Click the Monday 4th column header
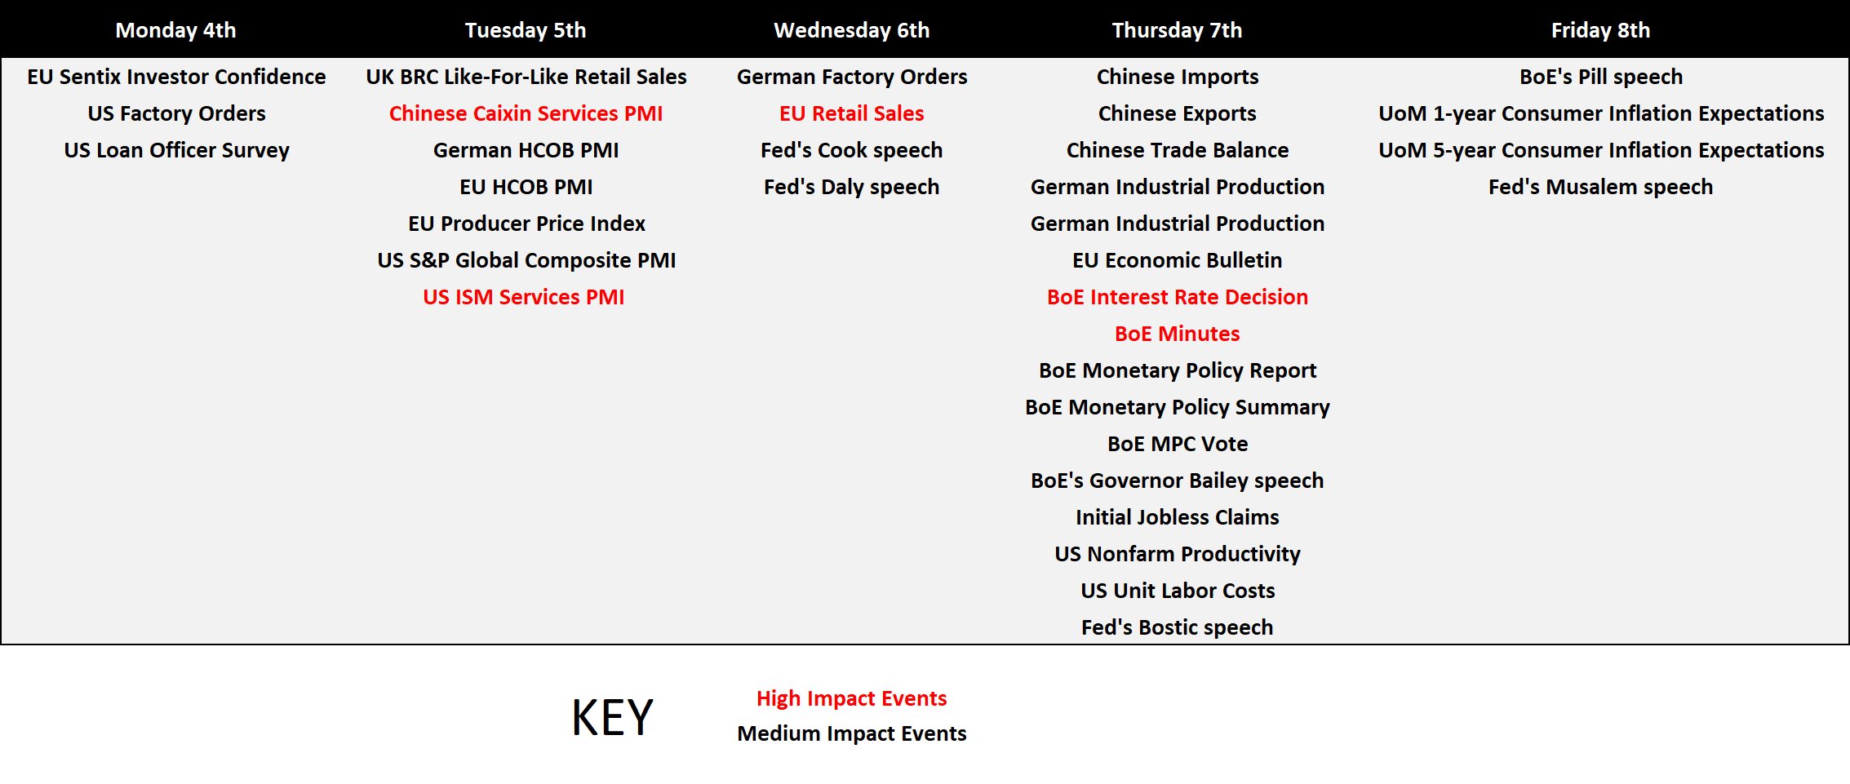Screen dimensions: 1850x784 (x=175, y=30)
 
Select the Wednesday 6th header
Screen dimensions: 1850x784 (x=851, y=30)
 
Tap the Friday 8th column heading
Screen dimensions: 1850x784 (x=1600, y=30)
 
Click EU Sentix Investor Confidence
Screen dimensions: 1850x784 (x=176, y=77)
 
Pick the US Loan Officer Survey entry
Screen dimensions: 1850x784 (x=176, y=150)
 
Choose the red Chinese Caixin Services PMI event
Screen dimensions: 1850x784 (x=526, y=113)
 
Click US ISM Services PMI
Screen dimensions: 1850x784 (x=523, y=297)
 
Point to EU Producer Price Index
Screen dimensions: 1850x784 (x=526, y=224)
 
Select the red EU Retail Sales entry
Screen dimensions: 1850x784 (x=851, y=113)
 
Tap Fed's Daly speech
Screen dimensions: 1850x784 (x=851, y=187)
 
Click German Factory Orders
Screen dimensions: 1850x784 (x=851, y=77)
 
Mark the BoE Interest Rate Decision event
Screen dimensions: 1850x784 (x=1177, y=297)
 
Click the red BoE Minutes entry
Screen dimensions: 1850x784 (x=1177, y=334)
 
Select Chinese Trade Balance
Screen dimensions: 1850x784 (x=1177, y=150)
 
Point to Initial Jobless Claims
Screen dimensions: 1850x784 (x=1177, y=517)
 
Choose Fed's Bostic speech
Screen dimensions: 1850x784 (x=1177, y=627)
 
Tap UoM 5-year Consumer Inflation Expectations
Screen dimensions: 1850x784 (x=1600, y=150)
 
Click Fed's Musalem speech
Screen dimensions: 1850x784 (x=1600, y=187)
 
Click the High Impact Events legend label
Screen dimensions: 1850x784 (x=851, y=698)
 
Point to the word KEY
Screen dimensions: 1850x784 (x=612, y=717)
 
